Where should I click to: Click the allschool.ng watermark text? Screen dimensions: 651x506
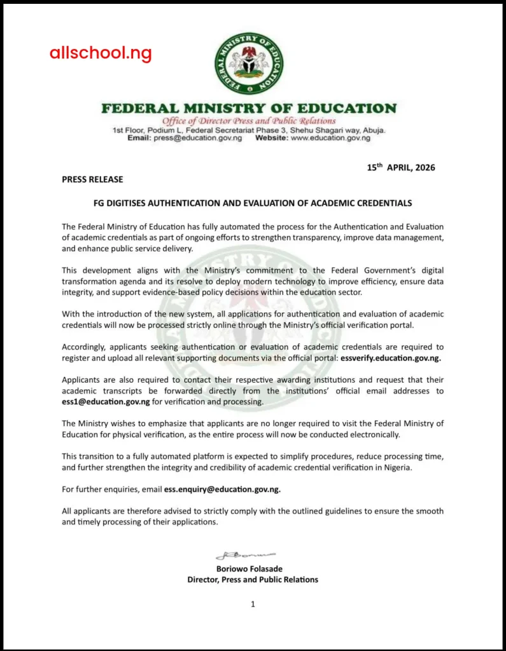[x=101, y=53]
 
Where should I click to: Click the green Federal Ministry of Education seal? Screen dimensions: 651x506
[x=249, y=64]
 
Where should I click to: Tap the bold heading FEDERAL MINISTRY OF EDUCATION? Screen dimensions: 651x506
[x=249, y=108]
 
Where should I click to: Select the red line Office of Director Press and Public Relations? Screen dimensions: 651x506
[x=249, y=121]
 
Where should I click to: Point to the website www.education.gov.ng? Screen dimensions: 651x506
[x=330, y=137]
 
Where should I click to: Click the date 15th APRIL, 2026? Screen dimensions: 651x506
[x=401, y=168]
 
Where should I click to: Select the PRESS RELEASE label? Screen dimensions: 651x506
[x=92, y=179]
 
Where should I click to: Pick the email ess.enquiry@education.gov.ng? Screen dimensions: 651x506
[x=222, y=490]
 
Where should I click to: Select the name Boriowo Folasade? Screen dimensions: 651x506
[x=253, y=568]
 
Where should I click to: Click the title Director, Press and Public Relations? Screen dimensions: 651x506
[x=253, y=579]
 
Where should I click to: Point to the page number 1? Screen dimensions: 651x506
[x=253, y=605]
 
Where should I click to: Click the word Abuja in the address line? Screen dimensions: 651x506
[x=373, y=130]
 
